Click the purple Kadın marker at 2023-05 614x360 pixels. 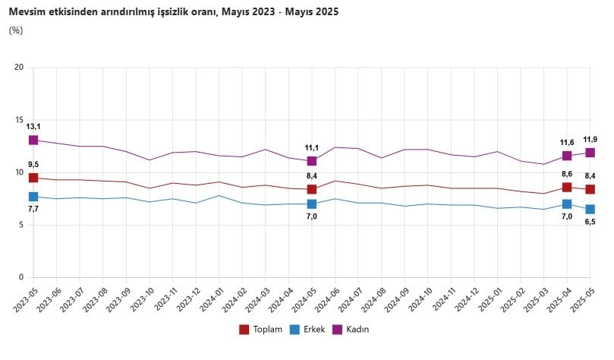33,140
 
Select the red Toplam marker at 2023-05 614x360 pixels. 33,178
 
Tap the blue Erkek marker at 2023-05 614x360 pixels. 33,197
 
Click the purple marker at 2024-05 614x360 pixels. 312,161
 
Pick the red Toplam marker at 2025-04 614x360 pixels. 567,187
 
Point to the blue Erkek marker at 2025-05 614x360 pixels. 590,209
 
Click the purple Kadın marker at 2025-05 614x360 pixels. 590,153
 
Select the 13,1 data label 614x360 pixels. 33,126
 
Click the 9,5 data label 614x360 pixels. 33,164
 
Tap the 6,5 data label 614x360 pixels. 590,222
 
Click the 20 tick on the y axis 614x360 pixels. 20,68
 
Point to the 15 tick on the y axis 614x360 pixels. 20,120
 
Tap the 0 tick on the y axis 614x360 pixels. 22,277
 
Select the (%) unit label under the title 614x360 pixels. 16,30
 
